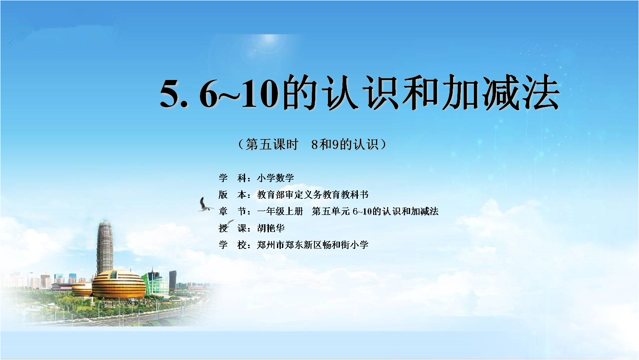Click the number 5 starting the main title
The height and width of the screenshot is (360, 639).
point(170,93)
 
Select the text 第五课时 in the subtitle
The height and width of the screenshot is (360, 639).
point(272,144)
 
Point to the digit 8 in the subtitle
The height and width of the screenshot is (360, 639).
point(314,145)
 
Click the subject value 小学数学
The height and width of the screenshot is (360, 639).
point(275,178)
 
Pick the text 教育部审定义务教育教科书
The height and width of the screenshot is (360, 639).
point(313,194)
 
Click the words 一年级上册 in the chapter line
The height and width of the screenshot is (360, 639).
point(280,211)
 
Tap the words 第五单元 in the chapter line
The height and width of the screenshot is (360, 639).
point(331,211)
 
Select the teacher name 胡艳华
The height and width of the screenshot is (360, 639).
point(271,228)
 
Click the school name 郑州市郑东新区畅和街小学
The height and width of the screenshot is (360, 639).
point(313,245)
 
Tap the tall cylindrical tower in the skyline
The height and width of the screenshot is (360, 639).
point(105,247)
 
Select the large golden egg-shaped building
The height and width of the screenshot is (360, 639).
point(119,284)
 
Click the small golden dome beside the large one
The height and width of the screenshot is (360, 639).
point(82,289)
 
